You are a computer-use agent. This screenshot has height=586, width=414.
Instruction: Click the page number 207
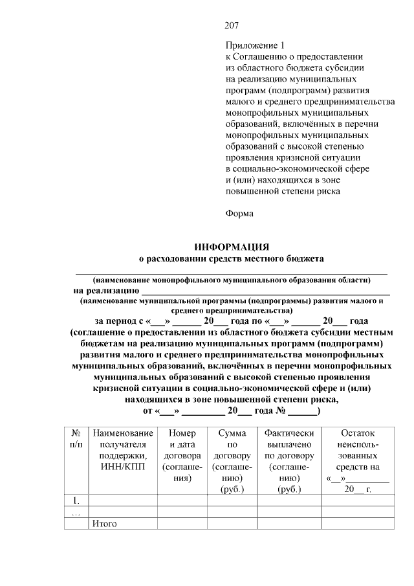point(232,26)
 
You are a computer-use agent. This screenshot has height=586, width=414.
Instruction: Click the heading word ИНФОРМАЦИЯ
point(232,247)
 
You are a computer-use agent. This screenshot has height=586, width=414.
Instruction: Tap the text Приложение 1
point(254,46)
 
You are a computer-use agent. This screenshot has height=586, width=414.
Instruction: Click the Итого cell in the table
point(105,523)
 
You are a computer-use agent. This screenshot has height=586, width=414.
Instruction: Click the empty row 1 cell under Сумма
point(232,500)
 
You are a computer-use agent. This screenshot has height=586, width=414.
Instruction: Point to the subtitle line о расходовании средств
point(232,259)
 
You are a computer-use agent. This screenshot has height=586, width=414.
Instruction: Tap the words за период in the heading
point(117,321)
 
